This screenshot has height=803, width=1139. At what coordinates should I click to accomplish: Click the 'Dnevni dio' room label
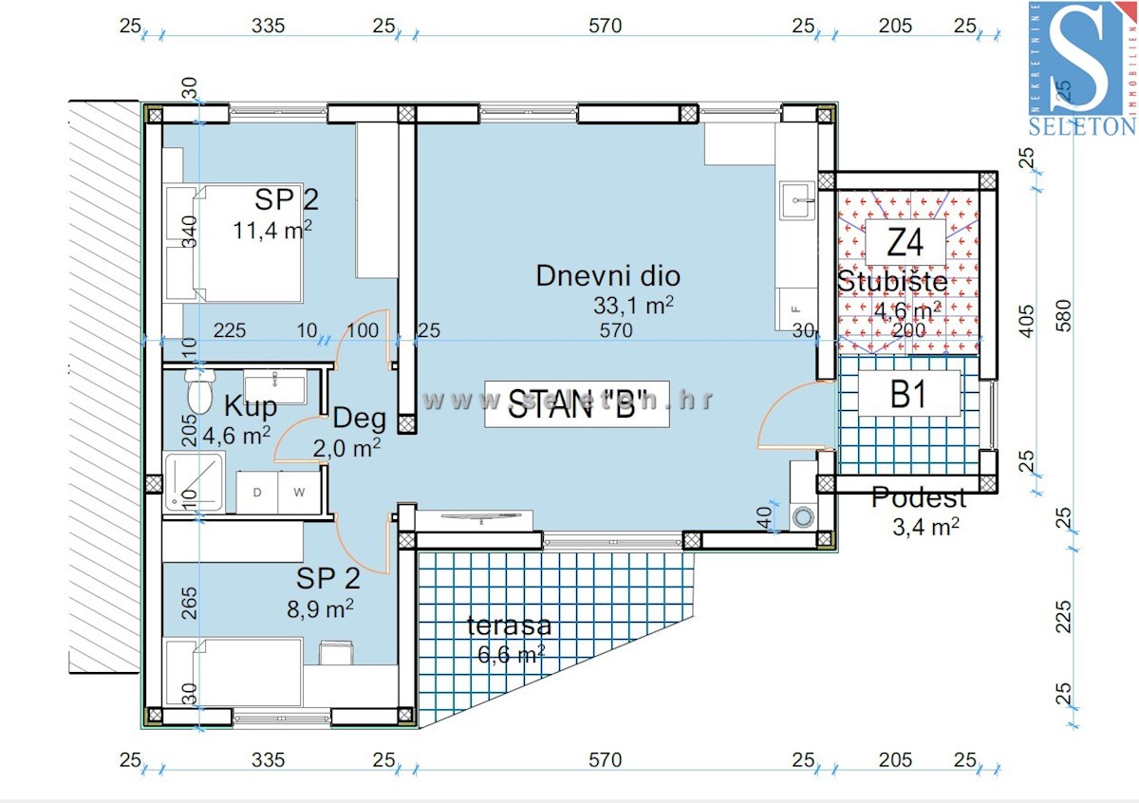(x=607, y=276)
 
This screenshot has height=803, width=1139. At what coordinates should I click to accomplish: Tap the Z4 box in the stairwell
(x=905, y=245)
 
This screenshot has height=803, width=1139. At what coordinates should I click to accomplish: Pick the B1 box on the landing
(x=908, y=394)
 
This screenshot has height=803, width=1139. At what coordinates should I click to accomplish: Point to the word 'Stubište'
(x=891, y=282)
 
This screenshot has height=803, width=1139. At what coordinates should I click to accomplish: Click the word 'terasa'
(x=509, y=626)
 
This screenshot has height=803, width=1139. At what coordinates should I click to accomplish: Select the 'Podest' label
(x=919, y=497)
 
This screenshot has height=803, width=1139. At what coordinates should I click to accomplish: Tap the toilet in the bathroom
(x=199, y=391)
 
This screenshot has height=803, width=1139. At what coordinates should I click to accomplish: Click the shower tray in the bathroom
(x=194, y=483)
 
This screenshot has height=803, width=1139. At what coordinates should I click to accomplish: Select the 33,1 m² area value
(x=632, y=305)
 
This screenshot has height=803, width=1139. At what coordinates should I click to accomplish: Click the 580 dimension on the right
(x=1062, y=312)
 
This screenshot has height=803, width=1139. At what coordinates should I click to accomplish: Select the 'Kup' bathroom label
(x=251, y=407)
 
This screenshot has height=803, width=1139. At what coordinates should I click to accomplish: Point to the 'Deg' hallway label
(x=359, y=418)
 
